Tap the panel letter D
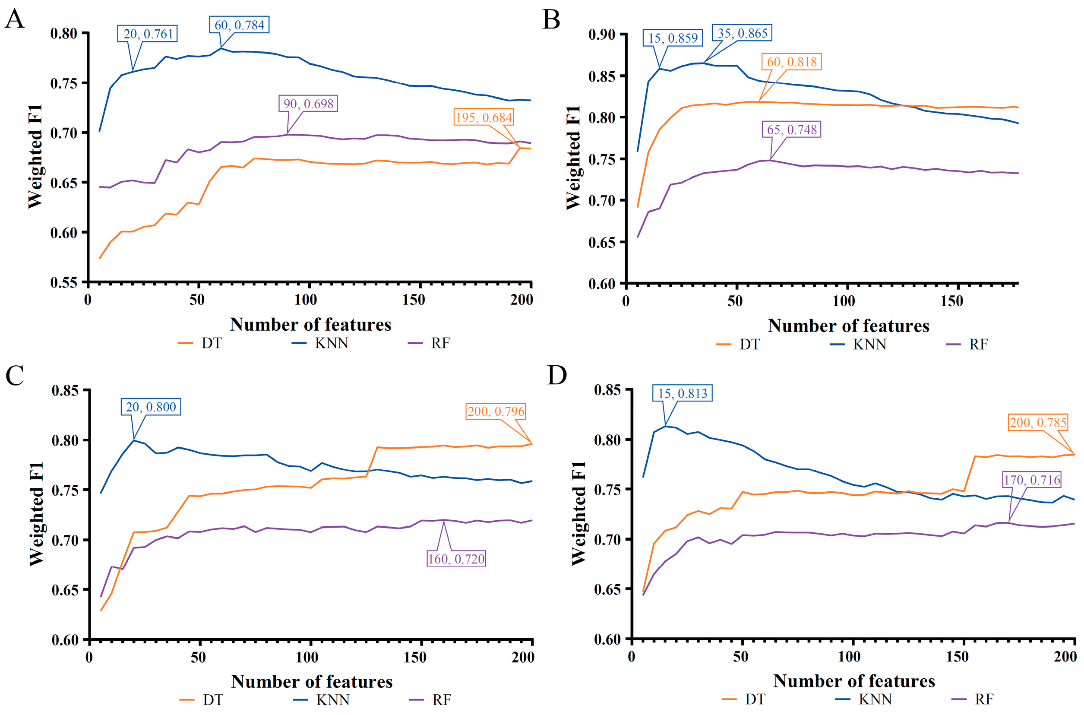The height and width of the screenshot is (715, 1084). pyautogui.click(x=556, y=376)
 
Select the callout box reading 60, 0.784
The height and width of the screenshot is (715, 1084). pyautogui.click(x=239, y=25)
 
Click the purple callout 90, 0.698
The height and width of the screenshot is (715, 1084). pyautogui.click(x=308, y=104)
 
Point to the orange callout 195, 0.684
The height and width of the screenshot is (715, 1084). pyautogui.click(x=484, y=117)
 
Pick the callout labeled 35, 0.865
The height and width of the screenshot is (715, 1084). pyautogui.click(x=742, y=33)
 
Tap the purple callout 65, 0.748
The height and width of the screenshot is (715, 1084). pyautogui.click(x=791, y=130)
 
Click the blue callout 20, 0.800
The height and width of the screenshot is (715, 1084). pyautogui.click(x=151, y=407)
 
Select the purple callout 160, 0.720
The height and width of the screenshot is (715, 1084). pyautogui.click(x=456, y=559)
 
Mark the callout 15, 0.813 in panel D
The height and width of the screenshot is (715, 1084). pyautogui.click(x=683, y=393)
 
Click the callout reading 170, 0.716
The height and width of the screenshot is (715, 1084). pyautogui.click(x=1032, y=480)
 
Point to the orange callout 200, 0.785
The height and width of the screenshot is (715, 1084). pyautogui.click(x=1038, y=423)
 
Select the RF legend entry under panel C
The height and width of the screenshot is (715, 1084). pyautogui.click(x=431, y=700)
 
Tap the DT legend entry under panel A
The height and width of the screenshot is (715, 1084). pyautogui.click(x=201, y=343)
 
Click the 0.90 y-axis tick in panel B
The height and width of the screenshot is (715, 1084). pyautogui.click(x=601, y=35)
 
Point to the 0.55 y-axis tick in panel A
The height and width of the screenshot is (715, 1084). pyautogui.click(x=64, y=283)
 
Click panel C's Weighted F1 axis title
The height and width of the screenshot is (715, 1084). pyautogui.click(x=36, y=514)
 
